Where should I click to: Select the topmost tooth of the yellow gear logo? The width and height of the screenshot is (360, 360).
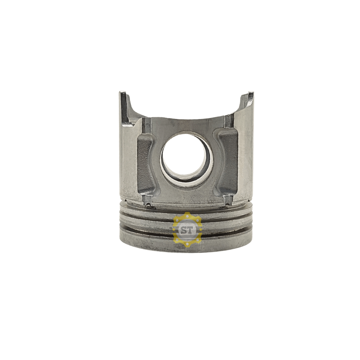pos(187,214)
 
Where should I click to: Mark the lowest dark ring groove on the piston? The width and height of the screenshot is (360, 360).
pos(152,232)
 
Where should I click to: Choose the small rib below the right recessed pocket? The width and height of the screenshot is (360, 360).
pos(227,200)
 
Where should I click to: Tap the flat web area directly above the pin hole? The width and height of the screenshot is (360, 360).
pos(187,125)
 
